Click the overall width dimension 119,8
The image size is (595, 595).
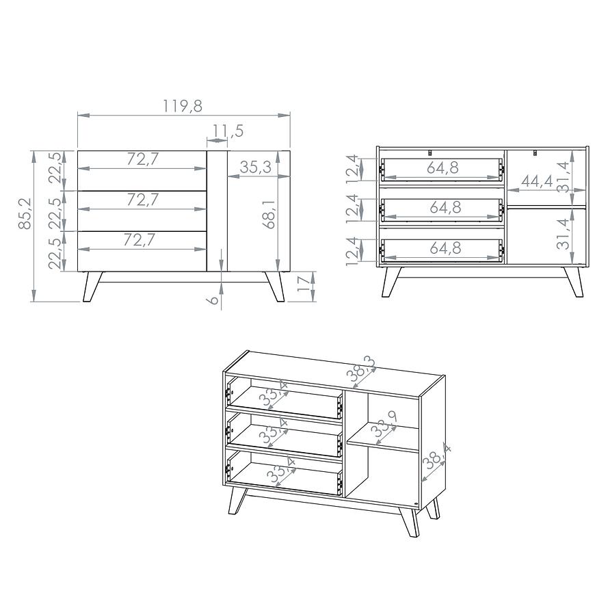click(183, 106)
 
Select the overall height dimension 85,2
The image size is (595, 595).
click(25, 213)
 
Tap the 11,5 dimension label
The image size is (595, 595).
click(228, 131)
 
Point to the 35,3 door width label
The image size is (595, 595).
click(255, 167)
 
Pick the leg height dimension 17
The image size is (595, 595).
click(304, 284)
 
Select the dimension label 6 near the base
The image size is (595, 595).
click(214, 300)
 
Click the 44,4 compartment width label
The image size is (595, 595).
click(537, 181)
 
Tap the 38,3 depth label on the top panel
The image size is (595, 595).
click(361, 369)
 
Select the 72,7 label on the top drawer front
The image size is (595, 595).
click(142, 159)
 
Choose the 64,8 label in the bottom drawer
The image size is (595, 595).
click(445, 248)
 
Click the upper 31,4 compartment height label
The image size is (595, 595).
click(563, 177)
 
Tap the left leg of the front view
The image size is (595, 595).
click(92, 287)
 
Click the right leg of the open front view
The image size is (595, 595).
click(573, 282)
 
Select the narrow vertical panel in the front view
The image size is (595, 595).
click(217, 211)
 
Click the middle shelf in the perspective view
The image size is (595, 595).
click(382, 438)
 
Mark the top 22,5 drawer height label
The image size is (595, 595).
click(56, 168)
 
